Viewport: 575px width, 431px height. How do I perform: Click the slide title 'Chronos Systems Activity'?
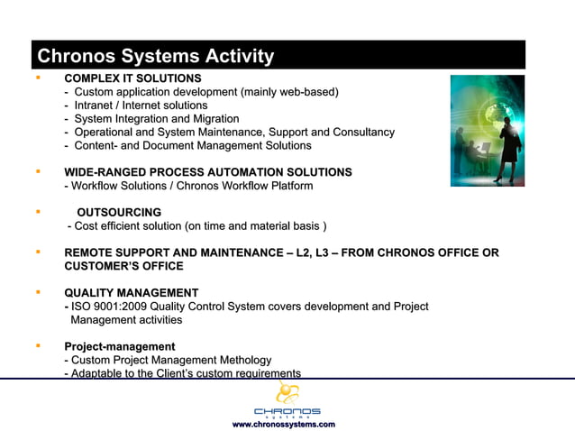[x=155, y=57]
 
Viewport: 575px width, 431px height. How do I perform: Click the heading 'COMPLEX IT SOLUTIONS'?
[x=132, y=78]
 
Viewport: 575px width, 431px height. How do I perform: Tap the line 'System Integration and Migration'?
[x=157, y=119]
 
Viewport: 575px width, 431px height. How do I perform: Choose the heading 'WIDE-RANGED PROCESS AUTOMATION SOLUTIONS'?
[x=208, y=172]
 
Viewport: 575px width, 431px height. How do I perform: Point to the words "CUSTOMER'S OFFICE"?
[x=123, y=266]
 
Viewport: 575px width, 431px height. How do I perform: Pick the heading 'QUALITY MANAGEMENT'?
[x=132, y=293]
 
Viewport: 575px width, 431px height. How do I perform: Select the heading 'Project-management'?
[x=120, y=346]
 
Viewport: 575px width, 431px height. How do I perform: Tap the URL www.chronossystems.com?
[x=284, y=424]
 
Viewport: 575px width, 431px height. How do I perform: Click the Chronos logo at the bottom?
[x=287, y=400]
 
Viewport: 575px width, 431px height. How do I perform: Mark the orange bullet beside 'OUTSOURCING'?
[x=38, y=212]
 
